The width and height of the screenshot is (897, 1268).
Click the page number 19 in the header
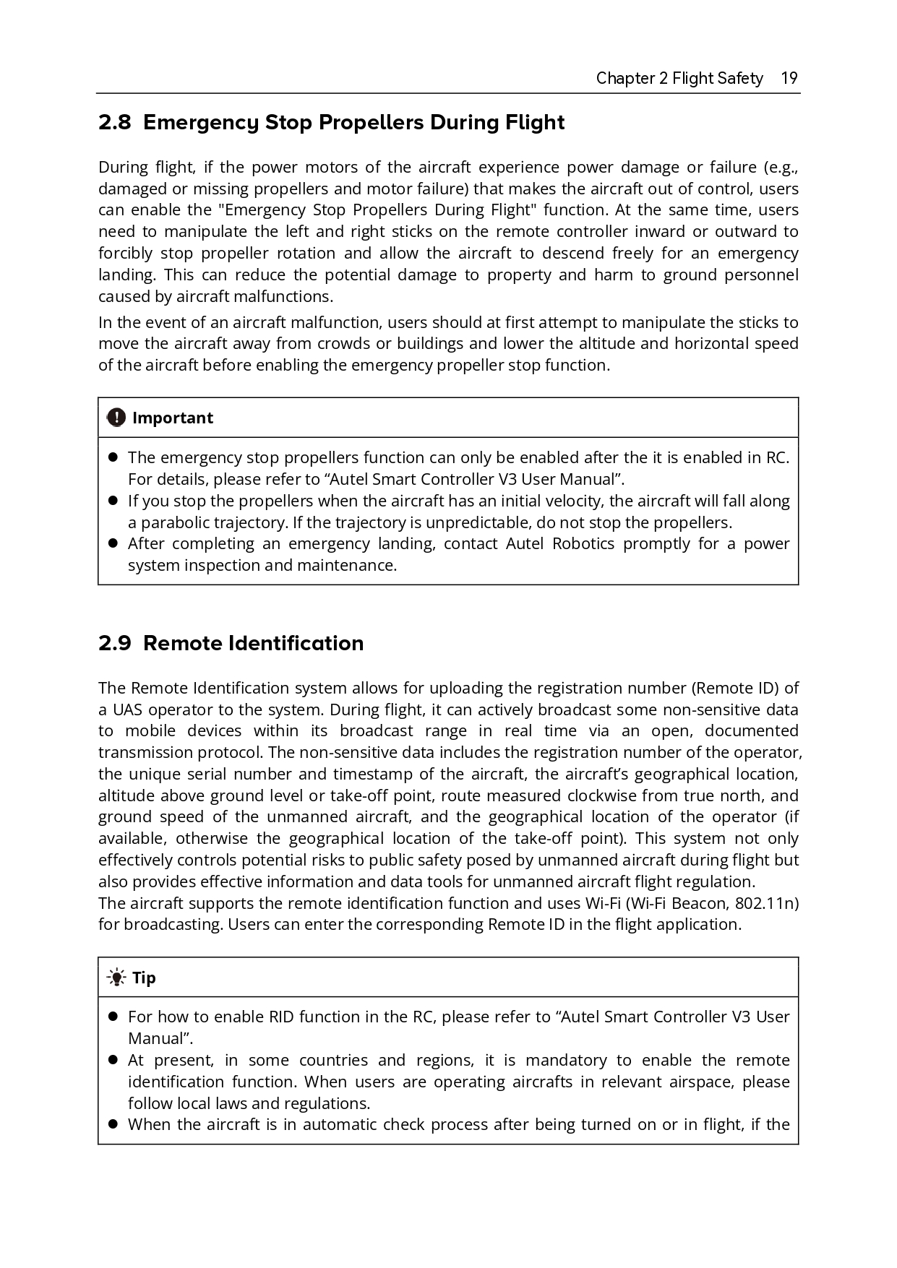coord(789,78)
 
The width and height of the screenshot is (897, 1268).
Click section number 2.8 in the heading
coord(114,123)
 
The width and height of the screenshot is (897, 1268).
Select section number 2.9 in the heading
coord(114,643)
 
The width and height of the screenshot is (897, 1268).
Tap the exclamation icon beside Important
coord(116,418)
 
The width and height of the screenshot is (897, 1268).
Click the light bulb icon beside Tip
coord(116,978)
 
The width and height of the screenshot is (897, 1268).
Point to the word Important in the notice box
coord(173,418)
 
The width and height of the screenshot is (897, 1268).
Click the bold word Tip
coord(144,978)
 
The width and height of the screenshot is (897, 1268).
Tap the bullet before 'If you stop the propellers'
coord(113,500)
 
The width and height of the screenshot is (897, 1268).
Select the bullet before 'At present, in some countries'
coord(113,1060)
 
